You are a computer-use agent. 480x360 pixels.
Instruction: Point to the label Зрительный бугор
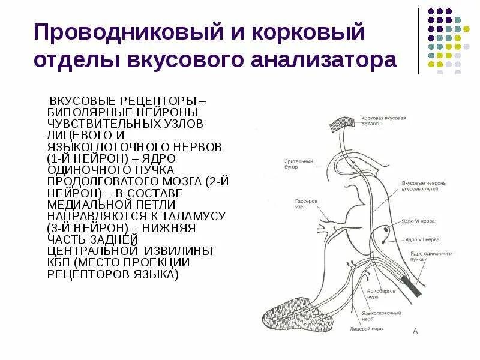297,164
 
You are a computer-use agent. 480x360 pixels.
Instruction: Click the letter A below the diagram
416,331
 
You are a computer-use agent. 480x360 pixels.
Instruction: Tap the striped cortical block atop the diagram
341,123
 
